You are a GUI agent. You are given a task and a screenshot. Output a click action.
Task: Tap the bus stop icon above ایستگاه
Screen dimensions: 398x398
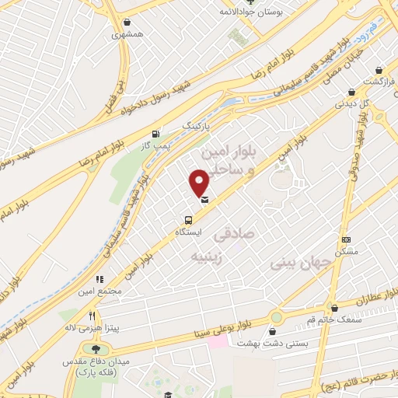pos(187,220)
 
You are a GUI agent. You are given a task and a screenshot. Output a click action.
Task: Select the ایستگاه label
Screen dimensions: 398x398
pos(187,232)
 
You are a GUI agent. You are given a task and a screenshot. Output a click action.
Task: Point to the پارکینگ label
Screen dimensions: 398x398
pos(196,125)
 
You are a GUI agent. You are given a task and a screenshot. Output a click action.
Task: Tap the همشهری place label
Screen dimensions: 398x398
pos(127,34)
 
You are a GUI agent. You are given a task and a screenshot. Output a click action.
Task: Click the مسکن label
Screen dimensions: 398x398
pos(346,252)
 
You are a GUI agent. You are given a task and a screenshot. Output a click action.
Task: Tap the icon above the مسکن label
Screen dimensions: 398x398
pos(346,239)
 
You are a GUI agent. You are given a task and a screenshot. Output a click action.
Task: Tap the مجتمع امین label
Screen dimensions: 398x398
pos(106,291)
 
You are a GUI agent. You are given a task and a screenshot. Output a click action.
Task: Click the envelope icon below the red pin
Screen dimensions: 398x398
pos(204,201)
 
